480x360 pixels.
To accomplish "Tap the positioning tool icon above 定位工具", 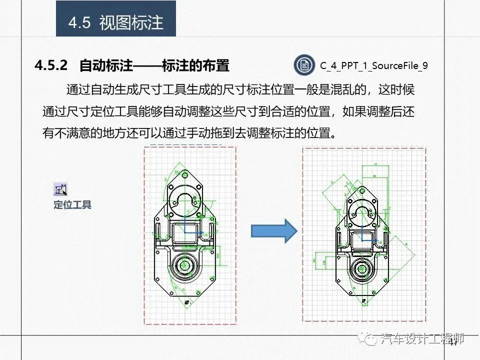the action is tap(60, 189).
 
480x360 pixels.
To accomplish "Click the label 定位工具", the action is tap(72, 204).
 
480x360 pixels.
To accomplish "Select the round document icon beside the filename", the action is tap(303, 65).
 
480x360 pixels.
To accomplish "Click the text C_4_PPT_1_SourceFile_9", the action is tap(373, 65).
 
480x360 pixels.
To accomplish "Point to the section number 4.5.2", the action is tap(50, 65).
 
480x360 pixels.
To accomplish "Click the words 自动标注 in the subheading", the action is tap(106, 65).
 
